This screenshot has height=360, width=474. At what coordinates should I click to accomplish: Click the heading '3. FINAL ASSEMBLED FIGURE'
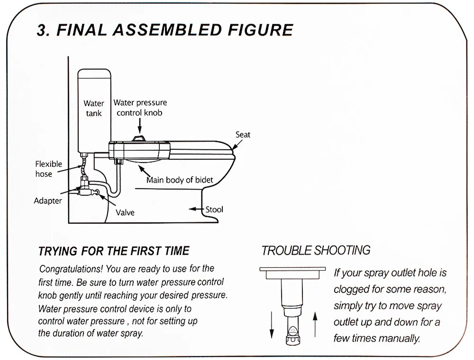[x=165, y=30]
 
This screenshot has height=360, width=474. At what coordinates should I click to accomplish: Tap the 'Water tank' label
[x=94, y=108]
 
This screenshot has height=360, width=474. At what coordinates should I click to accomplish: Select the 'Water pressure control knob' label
[x=140, y=108]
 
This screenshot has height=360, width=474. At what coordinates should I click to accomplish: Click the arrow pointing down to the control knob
[x=140, y=126]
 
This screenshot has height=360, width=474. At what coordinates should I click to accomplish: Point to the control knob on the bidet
[x=140, y=138]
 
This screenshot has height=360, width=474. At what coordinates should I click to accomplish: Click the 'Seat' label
[x=243, y=135]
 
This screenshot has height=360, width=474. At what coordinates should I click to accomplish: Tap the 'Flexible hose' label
[x=48, y=169]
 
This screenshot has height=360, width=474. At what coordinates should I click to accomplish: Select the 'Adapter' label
[x=47, y=201]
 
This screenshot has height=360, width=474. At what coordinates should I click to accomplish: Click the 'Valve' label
[x=125, y=212]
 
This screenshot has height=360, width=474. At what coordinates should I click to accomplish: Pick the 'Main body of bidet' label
[x=180, y=180]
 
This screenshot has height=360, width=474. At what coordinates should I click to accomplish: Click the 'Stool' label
[x=214, y=209]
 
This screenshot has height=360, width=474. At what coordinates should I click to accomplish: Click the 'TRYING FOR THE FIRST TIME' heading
[x=114, y=251]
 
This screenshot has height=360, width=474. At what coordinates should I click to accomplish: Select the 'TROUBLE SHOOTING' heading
[x=316, y=250]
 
